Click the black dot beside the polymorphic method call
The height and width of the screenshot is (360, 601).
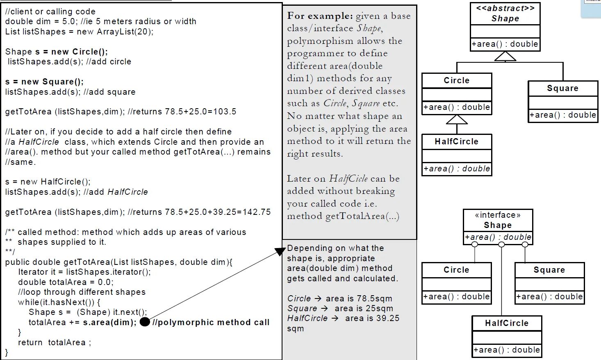pyautogui.click(x=145, y=322)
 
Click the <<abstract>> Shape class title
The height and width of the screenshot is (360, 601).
pyautogui.click(x=505, y=14)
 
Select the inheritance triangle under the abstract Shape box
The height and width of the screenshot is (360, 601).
pyautogui.click(x=505, y=57)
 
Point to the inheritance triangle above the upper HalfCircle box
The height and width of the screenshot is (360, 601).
pyautogui.click(x=457, y=119)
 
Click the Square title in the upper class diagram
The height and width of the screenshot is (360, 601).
pyautogui.click(x=562, y=88)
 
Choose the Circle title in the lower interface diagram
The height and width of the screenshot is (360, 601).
pyautogui.click(x=456, y=270)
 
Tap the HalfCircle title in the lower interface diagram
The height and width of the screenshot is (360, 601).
pyautogui.click(x=507, y=323)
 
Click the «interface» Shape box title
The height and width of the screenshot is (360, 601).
pyautogui.click(x=498, y=220)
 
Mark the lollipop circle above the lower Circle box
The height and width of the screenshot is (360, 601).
pyautogui.click(x=475, y=245)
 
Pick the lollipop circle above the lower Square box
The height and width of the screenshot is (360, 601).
pyautogui.click(x=525, y=245)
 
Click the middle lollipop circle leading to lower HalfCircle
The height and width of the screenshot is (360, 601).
pyautogui.click(x=501, y=245)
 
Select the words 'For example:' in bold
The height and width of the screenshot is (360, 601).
pyautogui.click(x=320, y=16)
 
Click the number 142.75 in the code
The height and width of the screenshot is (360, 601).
pyautogui.click(x=257, y=212)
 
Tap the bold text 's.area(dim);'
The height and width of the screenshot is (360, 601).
pyautogui.click(x=109, y=322)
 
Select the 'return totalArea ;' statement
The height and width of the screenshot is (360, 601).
pyautogui.click(x=55, y=342)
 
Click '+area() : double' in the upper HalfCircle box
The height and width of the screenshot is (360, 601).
pyautogui.click(x=457, y=169)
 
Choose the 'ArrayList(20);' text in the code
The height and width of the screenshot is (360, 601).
pyautogui.click(x=125, y=32)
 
